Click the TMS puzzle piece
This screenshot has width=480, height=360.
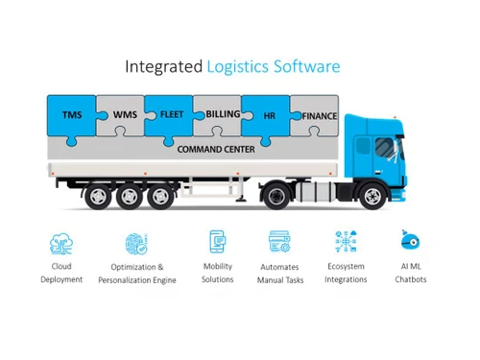[72, 115]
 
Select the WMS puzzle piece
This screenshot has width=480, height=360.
[124, 115]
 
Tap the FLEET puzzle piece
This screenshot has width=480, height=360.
[171, 114]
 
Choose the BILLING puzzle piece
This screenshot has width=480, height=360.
[222, 114]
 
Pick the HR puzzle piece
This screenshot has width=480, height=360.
[270, 116]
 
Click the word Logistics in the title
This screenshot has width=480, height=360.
[240, 66]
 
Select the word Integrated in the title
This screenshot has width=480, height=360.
[164, 66]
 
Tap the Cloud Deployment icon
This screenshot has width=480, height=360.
[61, 242]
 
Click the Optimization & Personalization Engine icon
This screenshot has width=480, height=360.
[136, 243]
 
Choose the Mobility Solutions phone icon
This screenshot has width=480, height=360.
[217, 241]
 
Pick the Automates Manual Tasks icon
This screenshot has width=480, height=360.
[279, 242]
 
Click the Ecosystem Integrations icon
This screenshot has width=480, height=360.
[346, 242]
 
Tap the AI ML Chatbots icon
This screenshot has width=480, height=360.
[411, 240]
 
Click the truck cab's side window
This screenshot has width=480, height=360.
[384, 147]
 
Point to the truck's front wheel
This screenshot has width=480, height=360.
[372, 197]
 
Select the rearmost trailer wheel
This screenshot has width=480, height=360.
[97, 197]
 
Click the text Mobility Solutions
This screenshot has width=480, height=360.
[217, 273]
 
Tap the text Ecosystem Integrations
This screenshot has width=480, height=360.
[346, 273]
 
